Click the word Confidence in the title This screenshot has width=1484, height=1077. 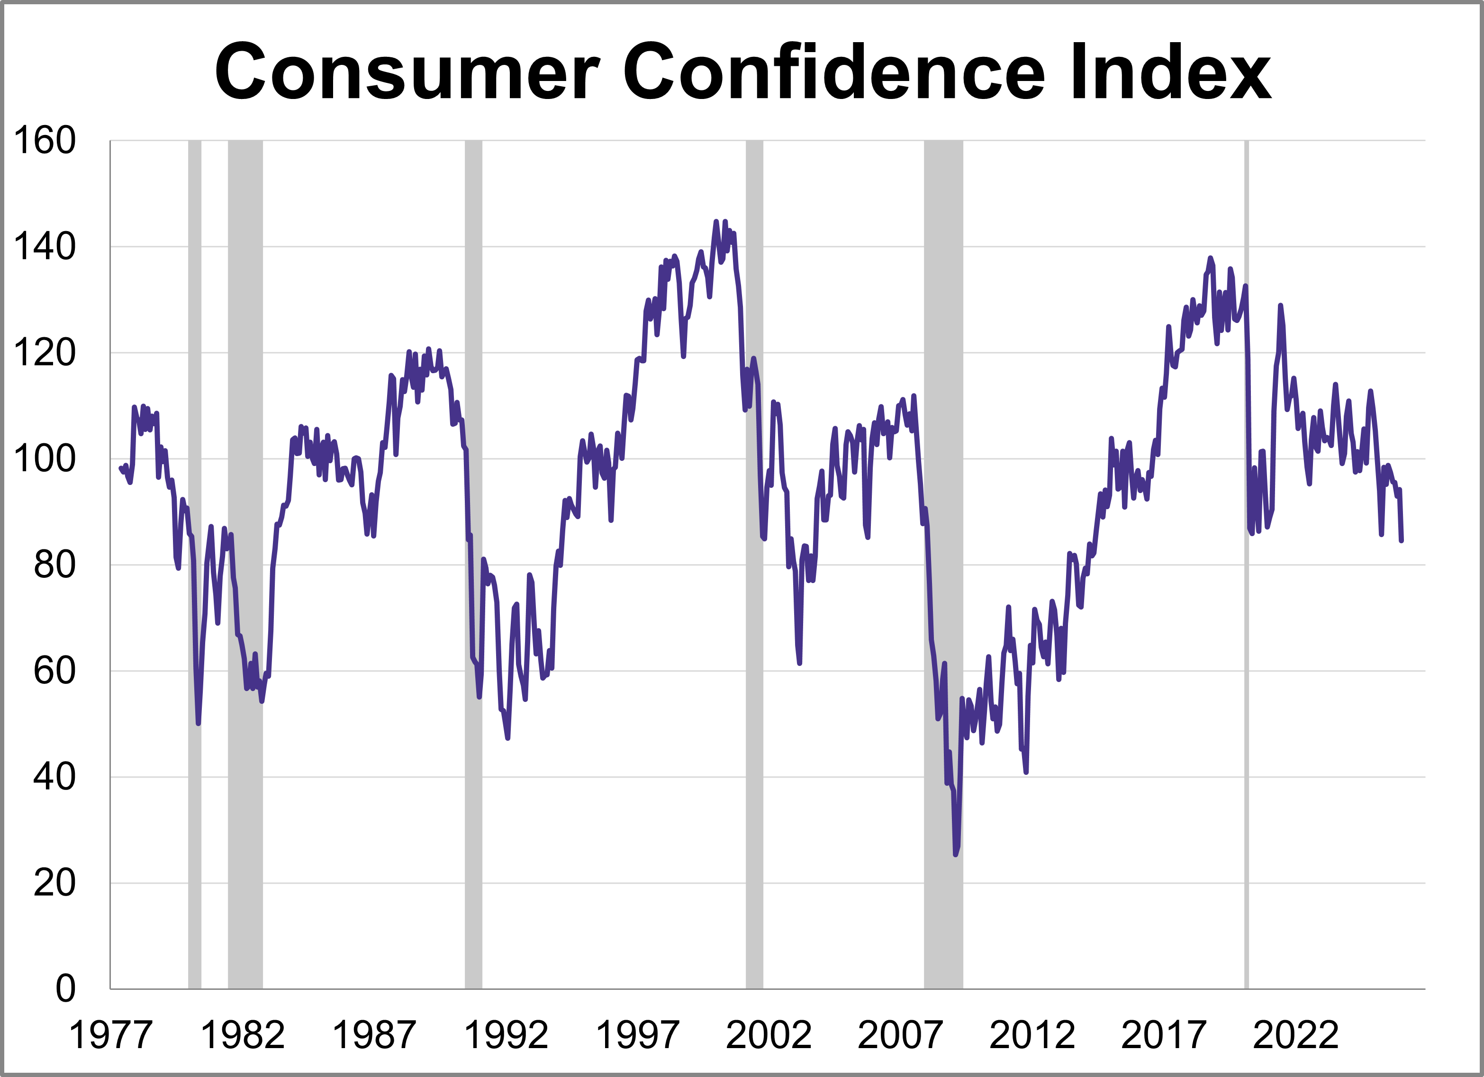pyautogui.click(x=834, y=72)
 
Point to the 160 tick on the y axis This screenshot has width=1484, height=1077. pyautogui.click(x=45, y=141)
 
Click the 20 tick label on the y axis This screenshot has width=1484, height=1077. pyautogui.click(x=54, y=883)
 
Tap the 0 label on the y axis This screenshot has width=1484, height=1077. pyautogui.click(x=65, y=989)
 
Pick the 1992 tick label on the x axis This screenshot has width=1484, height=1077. pyautogui.click(x=506, y=1035)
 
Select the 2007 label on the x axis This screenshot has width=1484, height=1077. pyautogui.click(x=900, y=1035)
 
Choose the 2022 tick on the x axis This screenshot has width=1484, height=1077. pyautogui.click(x=1295, y=1035)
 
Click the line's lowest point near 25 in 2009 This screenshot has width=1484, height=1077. pyautogui.click(x=956, y=854)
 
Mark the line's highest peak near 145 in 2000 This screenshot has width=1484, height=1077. pyautogui.click(x=716, y=222)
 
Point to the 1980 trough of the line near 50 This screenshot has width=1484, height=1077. pyautogui.click(x=198, y=723)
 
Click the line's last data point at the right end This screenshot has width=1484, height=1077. pyautogui.click(x=1401, y=540)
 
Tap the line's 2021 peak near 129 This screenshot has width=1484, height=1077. pyautogui.click(x=1281, y=305)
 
